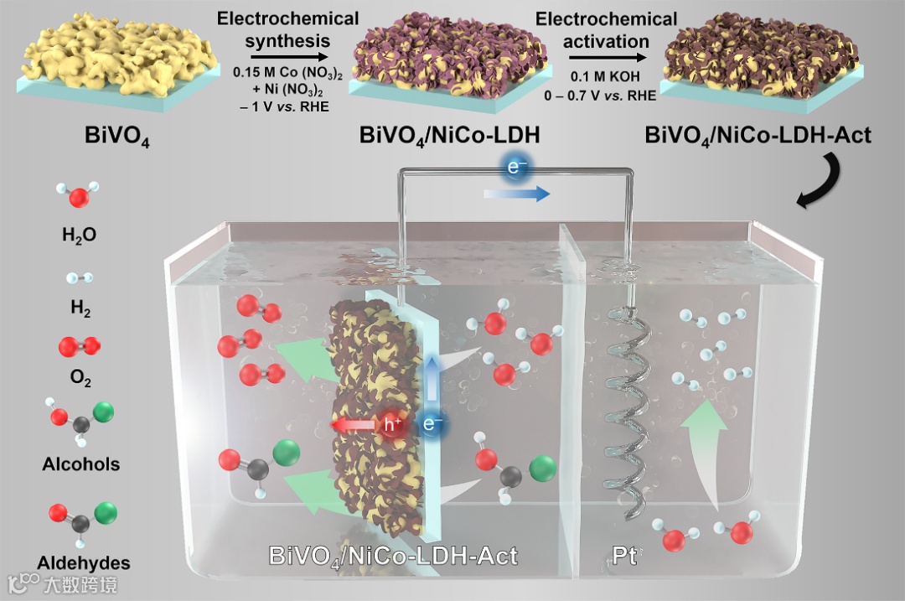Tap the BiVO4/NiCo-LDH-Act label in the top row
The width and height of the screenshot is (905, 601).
758,135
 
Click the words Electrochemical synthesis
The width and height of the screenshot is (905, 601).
287,29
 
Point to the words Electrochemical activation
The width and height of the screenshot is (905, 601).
606,29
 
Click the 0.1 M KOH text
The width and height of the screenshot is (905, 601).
607,77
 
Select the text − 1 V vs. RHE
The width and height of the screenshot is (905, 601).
287,105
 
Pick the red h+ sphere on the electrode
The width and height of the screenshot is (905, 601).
392,425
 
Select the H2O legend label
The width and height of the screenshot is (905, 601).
79,236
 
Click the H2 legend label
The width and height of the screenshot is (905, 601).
80,309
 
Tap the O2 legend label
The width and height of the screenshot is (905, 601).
80,379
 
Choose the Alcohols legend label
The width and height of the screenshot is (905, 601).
80,464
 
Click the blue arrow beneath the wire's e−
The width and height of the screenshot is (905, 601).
516,194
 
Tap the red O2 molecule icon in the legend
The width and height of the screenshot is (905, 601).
80,345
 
